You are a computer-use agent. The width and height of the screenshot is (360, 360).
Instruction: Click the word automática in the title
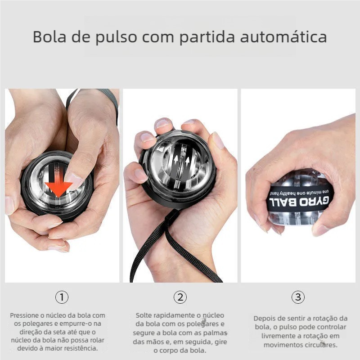pyautogui.click(x=283, y=37)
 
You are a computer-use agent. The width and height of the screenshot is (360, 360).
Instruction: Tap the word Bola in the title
pyautogui.click(x=49, y=36)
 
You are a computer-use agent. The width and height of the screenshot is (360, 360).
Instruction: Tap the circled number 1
pyautogui.click(x=62, y=297)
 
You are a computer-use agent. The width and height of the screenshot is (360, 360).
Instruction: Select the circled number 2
pyautogui.click(x=180, y=297)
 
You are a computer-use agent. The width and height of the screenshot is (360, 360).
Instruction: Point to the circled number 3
pyautogui.click(x=298, y=297)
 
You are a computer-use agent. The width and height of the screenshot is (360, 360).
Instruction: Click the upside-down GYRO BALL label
pyautogui.click(x=299, y=201)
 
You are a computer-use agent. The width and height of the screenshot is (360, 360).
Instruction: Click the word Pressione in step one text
pyautogui.click(x=24, y=315)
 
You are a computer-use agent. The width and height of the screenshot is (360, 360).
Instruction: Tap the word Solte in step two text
pyautogui.click(x=144, y=315)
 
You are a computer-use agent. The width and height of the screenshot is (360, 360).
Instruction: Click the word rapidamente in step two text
pyautogui.click(x=174, y=316)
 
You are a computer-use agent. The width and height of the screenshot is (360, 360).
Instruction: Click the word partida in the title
pyautogui.click(x=207, y=37)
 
